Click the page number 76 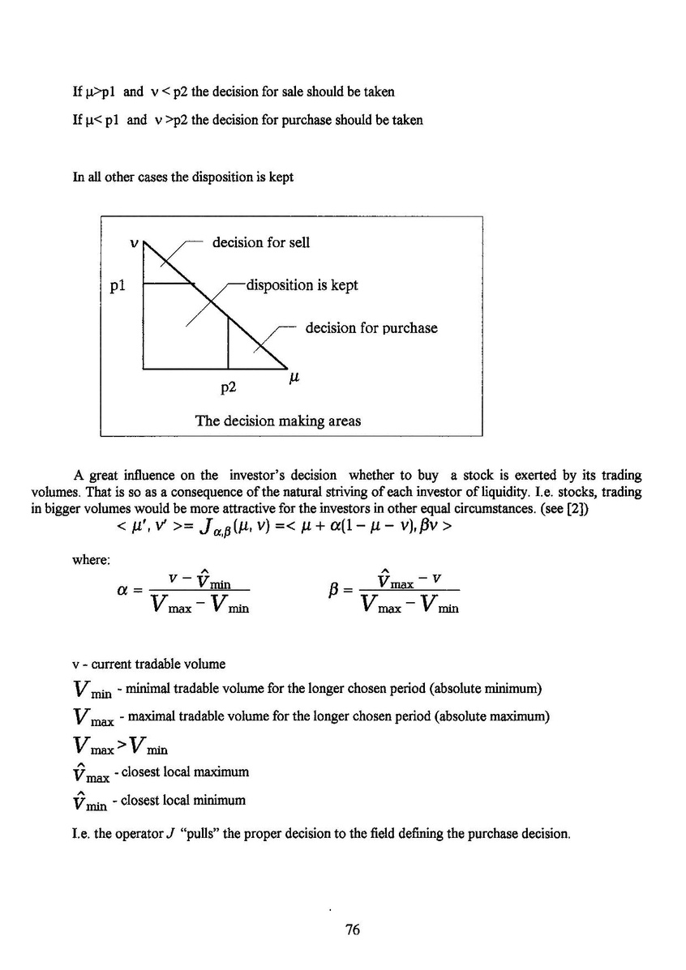coord(352,930)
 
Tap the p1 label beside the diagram coord(118,285)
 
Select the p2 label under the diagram coord(229,387)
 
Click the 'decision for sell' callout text coord(260,242)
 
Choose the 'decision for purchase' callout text coord(371,328)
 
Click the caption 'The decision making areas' coord(278,421)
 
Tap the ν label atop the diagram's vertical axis coord(135,242)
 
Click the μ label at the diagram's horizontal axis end coord(294,377)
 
